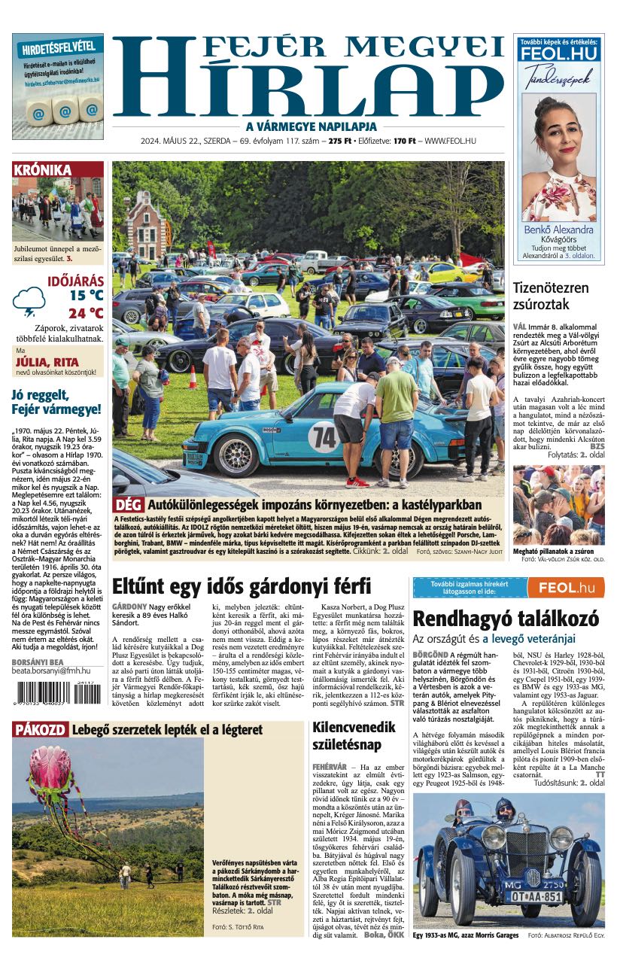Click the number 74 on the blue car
pyautogui.click(x=324, y=436)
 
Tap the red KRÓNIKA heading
pyautogui.click(x=42, y=170)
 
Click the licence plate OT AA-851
pyautogui.click(x=537, y=897)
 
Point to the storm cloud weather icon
pyautogui.click(x=29, y=301)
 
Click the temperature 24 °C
pyautogui.click(x=86, y=313)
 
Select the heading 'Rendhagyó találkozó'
pyautogui.click(x=506, y=619)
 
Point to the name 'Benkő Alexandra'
pyautogui.click(x=558, y=230)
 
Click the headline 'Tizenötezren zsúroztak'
pyautogui.click(x=551, y=296)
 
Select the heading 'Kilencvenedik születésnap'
pyautogui.click(x=354, y=736)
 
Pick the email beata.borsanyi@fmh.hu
pyautogui.click(x=51, y=670)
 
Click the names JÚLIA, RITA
pyautogui.click(x=47, y=361)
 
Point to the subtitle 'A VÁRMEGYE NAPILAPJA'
pyautogui.click(x=308, y=126)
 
